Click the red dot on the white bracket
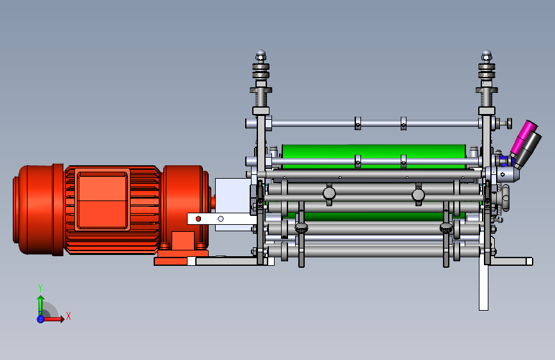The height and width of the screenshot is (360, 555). pos(198,219)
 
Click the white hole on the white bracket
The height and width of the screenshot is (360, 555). pos(220,219)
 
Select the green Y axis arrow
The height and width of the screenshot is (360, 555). pos(41,306)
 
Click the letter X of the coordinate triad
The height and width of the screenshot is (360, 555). pos(68,316)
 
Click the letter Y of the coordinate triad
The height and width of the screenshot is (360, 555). pos(40,288)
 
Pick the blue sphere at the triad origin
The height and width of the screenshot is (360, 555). pos(40,319)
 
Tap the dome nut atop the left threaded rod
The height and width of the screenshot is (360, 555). pos(261,55)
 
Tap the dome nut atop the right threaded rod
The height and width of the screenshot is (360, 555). pos(487,55)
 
